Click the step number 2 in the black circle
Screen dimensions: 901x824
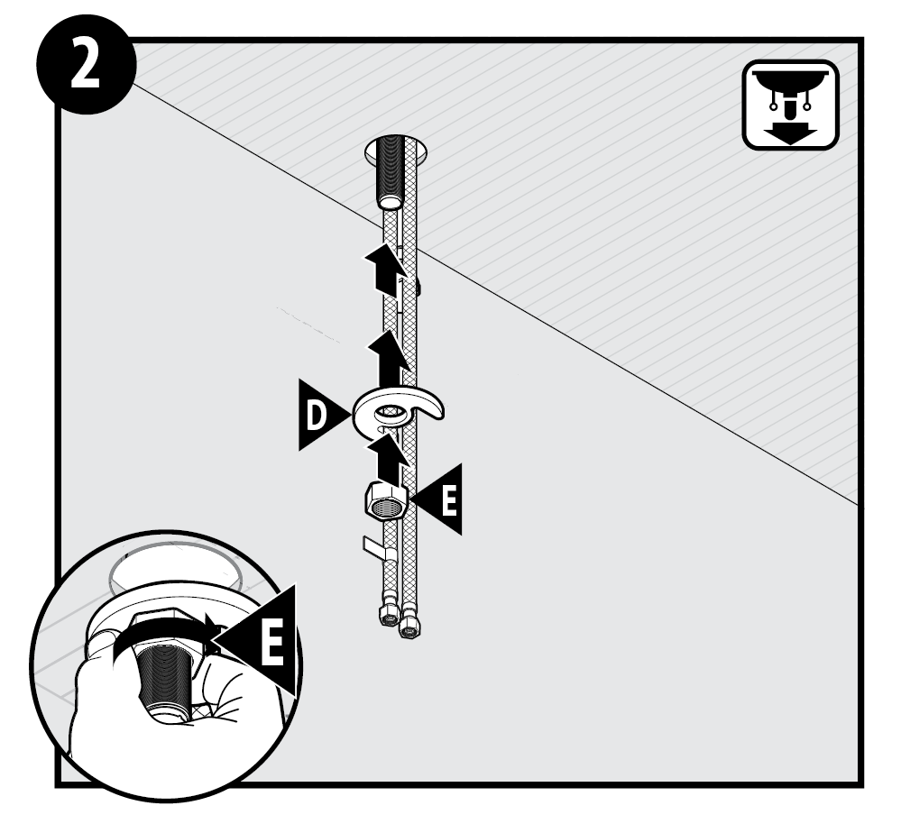[85, 64]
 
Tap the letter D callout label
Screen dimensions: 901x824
[316, 416]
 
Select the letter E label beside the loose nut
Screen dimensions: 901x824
[449, 500]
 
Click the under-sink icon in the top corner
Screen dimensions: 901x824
[791, 105]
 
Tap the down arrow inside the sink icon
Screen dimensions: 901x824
[790, 133]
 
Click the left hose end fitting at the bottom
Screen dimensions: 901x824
[389, 615]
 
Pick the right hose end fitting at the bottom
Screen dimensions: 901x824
[410, 625]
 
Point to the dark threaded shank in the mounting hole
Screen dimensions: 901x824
[391, 171]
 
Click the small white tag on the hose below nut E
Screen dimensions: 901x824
[376, 548]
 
